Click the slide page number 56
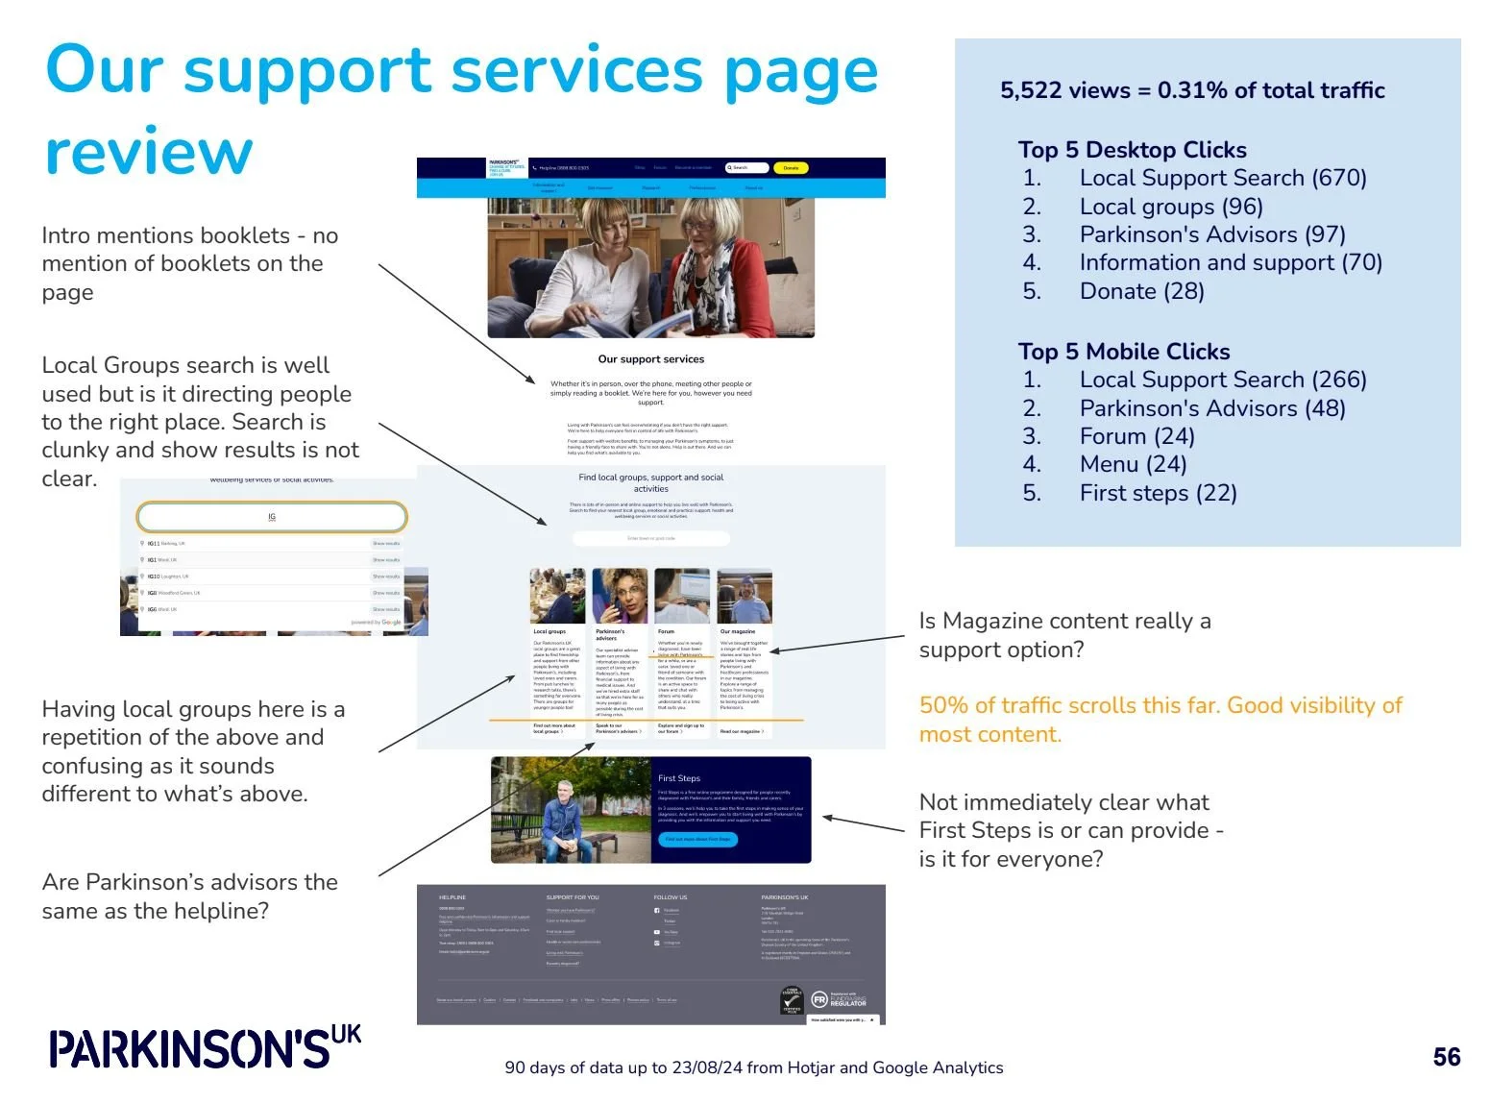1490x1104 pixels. coord(1446,1057)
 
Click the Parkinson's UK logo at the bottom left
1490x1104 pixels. coord(205,1047)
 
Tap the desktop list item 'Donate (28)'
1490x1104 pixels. coord(1141,291)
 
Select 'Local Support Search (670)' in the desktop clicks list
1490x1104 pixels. coord(1222,178)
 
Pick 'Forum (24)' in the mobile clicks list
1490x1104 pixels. coord(1136,436)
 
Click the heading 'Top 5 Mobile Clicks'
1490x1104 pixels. coord(1124,352)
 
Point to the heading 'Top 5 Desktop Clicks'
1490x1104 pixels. coord(1132,150)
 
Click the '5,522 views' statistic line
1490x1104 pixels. coord(1191,90)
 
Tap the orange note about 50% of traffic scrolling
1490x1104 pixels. coord(1160,720)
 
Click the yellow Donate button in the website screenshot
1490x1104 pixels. coord(791,168)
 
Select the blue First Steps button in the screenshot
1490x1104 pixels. coord(699,839)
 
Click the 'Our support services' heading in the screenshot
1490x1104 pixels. coord(650,359)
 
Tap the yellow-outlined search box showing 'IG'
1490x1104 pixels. coord(272,517)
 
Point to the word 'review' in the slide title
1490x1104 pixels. coord(149,152)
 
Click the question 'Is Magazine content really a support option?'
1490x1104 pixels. coord(1063,635)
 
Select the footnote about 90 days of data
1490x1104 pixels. coord(753,1067)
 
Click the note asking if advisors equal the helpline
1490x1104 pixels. coord(189,896)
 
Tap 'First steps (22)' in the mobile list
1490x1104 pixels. coord(1158,493)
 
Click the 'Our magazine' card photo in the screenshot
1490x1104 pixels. coord(745,597)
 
